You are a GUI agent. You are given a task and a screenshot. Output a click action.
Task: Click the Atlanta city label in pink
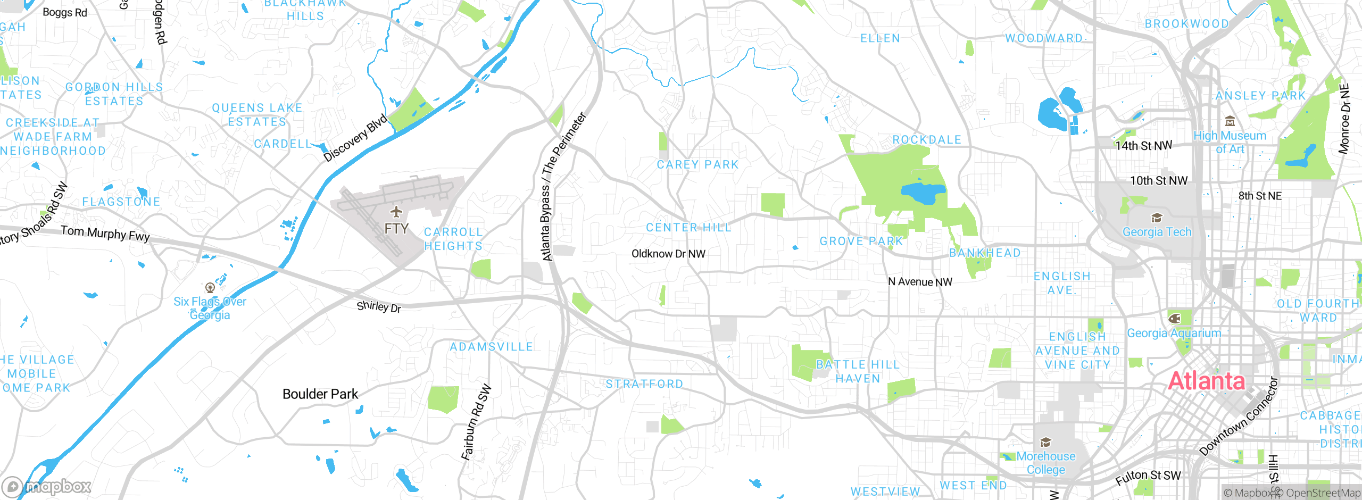pyautogui.click(x=1206, y=381)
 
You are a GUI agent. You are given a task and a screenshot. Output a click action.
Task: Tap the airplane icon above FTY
pyautogui.click(x=396, y=212)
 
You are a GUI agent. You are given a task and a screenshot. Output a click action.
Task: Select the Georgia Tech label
pyautogui.click(x=1157, y=232)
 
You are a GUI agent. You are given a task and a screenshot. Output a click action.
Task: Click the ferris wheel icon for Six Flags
pyautogui.click(x=210, y=288)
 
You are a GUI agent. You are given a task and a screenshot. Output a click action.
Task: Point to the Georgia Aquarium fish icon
pyautogui.click(x=1174, y=319)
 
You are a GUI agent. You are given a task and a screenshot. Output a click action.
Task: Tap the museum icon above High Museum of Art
pyautogui.click(x=1230, y=121)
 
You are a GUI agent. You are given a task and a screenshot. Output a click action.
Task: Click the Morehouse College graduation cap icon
pyautogui.click(x=1045, y=443)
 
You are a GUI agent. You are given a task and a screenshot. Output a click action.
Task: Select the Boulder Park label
pyautogui.click(x=320, y=394)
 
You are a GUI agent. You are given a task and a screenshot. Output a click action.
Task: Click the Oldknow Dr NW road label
pyautogui.click(x=668, y=254)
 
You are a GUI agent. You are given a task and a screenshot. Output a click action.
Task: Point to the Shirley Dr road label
pyautogui.click(x=379, y=306)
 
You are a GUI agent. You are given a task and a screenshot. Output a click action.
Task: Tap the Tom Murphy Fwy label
pyautogui.click(x=105, y=233)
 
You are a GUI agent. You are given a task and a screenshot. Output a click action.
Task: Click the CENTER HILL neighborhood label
pyautogui.click(x=688, y=228)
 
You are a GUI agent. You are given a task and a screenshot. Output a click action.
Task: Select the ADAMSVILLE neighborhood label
pyautogui.click(x=491, y=347)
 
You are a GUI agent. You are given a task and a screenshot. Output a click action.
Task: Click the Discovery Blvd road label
pyautogui.click(x=356, y=137)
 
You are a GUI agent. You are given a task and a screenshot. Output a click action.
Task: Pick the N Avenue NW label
pyautogui.click(x=920, y=282)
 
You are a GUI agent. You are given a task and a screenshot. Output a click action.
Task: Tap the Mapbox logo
pyautogui.click(x=47, y=486)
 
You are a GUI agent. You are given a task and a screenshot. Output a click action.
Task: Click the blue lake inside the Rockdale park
pyautogui.click(x=923, y=193)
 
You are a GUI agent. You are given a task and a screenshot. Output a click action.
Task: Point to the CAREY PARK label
pyautogui.click(x=697, y=165)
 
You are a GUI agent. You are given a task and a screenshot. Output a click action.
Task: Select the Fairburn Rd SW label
pyautogui.click(x=476, y=422)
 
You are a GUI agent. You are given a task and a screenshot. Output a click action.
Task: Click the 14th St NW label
pyautogui.click(x=1143, y=145)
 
